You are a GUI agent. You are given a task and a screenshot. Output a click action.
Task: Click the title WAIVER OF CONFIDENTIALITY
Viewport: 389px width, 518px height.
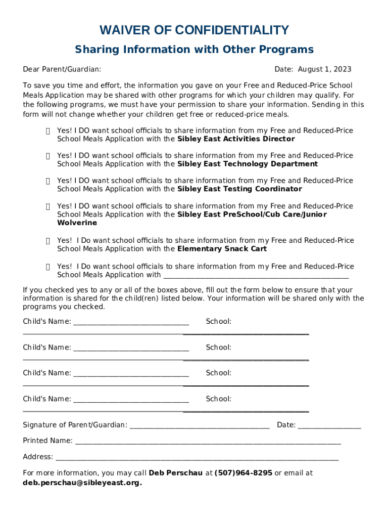[x=194, y=30]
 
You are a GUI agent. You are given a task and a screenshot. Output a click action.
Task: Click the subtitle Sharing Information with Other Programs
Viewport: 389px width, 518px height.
[x=194, y=50]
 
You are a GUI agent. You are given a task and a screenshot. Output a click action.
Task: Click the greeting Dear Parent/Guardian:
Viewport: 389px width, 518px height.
[x=62, y=69]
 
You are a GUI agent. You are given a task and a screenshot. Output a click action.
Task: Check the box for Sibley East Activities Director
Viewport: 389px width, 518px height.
[x=47, y=131]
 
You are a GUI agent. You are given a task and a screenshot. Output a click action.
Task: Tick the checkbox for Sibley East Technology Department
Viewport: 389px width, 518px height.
[x=47, y=156]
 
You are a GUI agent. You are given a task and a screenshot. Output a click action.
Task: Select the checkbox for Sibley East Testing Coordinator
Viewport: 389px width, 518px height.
[x=47, y=181]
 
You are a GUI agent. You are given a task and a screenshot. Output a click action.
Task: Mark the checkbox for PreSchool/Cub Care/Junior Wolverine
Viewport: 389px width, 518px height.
[x=47, y=206]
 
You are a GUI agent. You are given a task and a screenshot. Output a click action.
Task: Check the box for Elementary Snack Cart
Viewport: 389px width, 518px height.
[x=47, y=241]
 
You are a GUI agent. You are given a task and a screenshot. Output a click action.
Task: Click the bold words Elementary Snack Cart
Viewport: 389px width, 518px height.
[x=222, y=249]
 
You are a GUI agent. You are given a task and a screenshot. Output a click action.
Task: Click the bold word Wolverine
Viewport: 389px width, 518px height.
[x=77, y=223]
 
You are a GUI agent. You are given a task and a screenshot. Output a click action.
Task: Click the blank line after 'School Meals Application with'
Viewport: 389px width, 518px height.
[x=256, y=276]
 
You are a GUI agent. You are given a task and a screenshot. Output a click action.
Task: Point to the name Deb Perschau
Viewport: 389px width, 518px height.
[x=176, y=473]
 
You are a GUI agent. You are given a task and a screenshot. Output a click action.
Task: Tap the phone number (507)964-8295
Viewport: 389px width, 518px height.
[x=244, y=473]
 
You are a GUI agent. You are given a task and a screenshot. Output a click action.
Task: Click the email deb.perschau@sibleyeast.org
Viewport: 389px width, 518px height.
[x=82, y=483]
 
